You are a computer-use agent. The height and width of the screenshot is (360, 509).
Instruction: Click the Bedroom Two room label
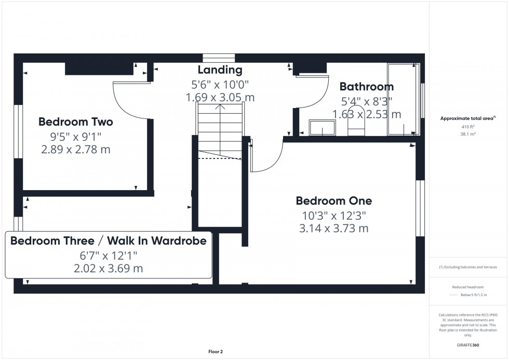click(76, 122)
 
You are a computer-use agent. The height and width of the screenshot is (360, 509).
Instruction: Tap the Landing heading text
click(220, 70)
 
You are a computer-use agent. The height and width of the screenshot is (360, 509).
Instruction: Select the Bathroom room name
click(366, 87)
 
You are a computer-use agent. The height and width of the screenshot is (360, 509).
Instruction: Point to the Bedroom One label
click(333, 201)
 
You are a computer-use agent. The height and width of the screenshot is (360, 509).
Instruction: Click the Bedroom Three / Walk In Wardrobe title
click(109, 241)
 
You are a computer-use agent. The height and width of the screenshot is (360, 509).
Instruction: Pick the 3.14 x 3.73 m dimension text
click(333, 228)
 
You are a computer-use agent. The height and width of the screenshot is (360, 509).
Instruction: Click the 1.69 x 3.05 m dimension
click(220, 97)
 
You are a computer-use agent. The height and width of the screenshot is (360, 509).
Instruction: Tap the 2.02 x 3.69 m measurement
click(109, 269)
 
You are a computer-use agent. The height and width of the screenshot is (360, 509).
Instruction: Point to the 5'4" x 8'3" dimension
click(366, 101)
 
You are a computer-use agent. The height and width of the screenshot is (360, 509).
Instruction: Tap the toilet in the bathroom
click(356, 125)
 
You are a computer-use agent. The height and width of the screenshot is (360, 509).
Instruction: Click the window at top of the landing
click(219, 58)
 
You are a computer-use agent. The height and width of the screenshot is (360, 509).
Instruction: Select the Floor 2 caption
click(215, 352)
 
